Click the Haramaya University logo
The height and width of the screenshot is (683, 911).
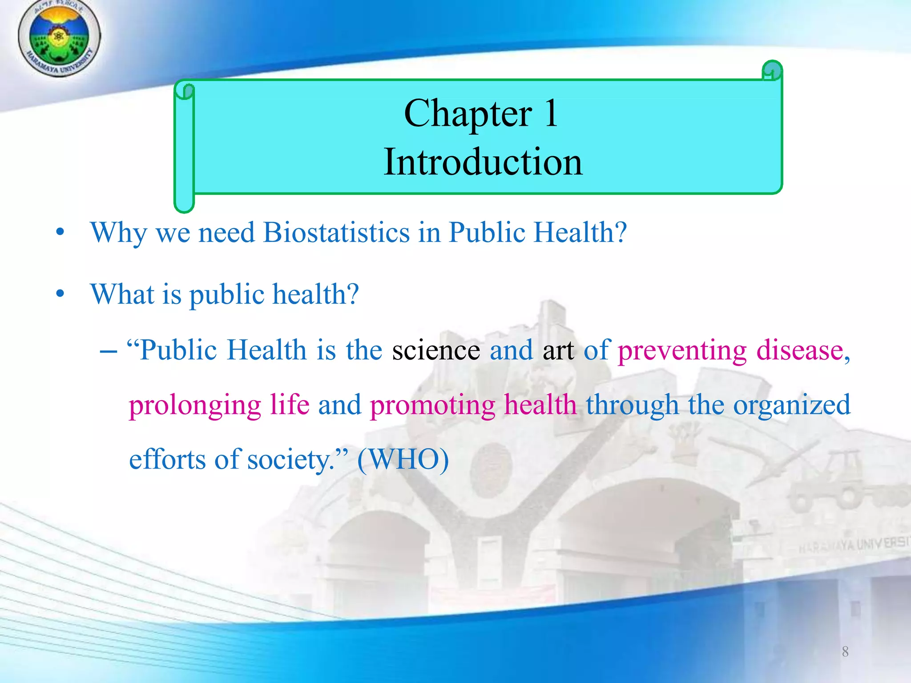[x=59, y=38]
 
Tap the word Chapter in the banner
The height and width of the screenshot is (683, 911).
[x=468, y=114]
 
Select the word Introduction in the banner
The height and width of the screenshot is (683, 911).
[x=483, y=162]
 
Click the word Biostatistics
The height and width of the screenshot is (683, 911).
[x=336, y=233]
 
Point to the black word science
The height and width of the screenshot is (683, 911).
[x=435, y=350]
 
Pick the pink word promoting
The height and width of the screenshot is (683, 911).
[x=432, y=406]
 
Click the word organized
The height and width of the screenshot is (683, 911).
[x=791, y=406]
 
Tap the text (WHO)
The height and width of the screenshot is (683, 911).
[x=403, y=459]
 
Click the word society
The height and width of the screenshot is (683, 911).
[x=289, y=460]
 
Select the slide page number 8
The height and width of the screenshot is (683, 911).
[x=845, y=652]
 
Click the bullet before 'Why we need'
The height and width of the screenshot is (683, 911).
[x=60, y=233]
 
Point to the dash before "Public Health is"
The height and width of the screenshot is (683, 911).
[x=109, y=351]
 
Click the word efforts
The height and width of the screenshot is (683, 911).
[x=167, y=459]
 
